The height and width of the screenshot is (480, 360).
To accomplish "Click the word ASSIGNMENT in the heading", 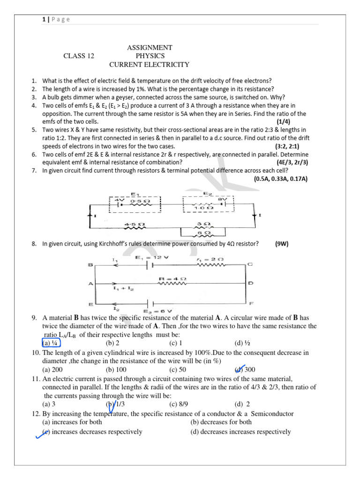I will coord(150,47).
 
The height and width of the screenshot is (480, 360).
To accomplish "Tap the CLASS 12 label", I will coord(79,56).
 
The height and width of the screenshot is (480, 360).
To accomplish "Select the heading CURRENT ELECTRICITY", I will coord(149,65).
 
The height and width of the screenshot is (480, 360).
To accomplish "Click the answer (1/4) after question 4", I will coord(285,121).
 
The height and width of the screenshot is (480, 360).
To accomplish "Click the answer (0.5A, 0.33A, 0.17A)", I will coord(280,179).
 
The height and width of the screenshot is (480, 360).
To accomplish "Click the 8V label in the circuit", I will coord(222,199).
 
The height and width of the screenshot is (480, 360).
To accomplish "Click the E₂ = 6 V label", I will coord(157,311).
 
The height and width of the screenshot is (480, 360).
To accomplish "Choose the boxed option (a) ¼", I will coord(49,343).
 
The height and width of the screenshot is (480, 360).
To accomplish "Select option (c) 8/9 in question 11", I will coord(179,404).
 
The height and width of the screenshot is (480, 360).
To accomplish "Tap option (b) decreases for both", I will coord(221,421).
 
